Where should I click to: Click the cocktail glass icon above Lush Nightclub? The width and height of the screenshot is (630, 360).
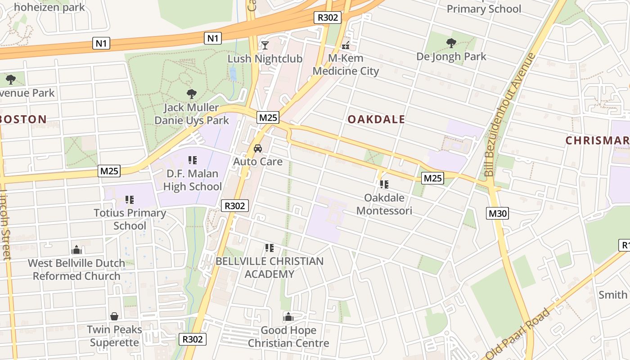(x=265, y=45)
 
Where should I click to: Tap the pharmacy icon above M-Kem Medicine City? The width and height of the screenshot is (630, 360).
(x=346, y=45)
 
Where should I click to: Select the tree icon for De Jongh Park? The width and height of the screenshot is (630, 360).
(x=451, y=43)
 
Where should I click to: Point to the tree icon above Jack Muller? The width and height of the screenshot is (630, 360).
(x=192, y=94)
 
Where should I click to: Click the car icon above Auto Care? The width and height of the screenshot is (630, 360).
(x=258, y=148)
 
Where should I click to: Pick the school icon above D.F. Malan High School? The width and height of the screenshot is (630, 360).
(x=193, y=160)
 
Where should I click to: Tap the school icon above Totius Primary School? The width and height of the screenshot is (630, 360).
(x=130, y=199)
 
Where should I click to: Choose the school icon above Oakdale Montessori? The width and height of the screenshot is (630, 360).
(x=384, y=184)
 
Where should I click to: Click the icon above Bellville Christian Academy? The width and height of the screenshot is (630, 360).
(x=269, y=247)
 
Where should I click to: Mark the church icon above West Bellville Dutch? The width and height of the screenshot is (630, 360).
(x=76, y=250)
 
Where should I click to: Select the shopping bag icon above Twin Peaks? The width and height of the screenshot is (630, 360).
(x=114, y=316)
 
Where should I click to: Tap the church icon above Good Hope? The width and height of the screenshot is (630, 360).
(x=288, y=317)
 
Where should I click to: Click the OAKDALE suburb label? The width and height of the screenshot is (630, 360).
(x=376, y=119)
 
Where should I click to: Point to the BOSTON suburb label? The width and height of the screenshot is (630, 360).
(x=23, y=119)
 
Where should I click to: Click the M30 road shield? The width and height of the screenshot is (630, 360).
(x=497, y=213)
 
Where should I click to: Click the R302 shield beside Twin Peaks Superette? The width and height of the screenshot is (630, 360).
(x=193, y=339)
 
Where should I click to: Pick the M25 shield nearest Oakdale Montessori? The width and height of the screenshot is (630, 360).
(x=433, y=178)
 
